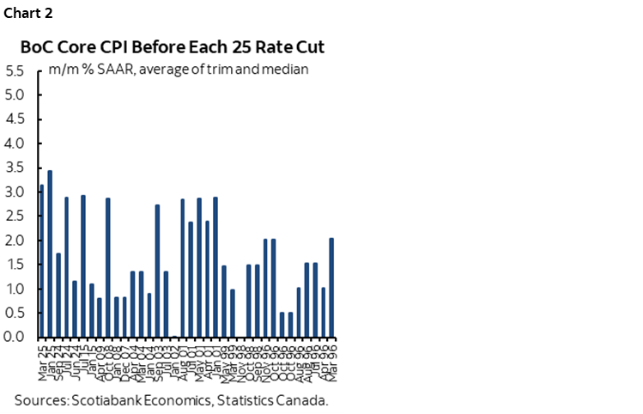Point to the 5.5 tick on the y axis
(x=14, y=70)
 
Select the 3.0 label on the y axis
(x=14, y=192)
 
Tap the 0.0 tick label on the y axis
(x=14, y=338)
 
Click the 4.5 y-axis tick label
(x=14, y=119)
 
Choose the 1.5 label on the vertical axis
(x=14, y=265)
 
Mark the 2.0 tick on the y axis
(x=14, y=240)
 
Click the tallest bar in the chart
(x=50, y=254)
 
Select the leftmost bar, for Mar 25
(x=41, y=261)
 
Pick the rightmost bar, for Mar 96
(x=331, y=288)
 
